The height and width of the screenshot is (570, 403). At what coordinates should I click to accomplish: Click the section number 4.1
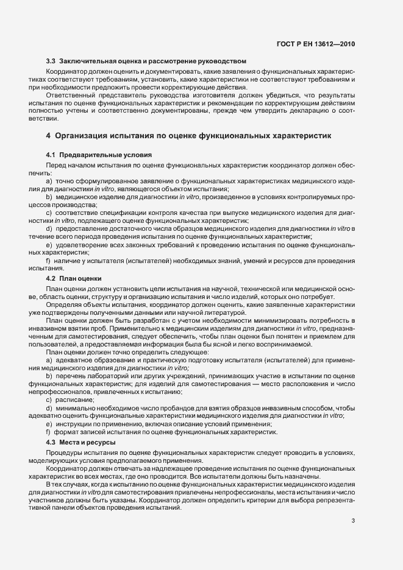tap(51, 156)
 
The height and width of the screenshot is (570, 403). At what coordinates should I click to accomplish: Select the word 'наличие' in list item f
tap(66, 261)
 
